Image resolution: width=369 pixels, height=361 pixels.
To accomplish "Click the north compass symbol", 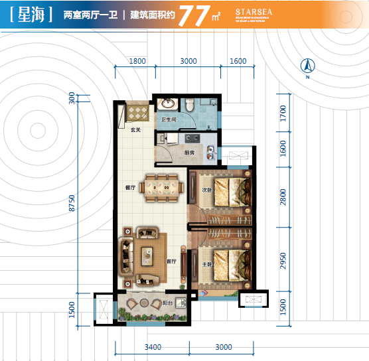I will point(307,67).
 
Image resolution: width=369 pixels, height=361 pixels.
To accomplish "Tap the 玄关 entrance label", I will point(135,129).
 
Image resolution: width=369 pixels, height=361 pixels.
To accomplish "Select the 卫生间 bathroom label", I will point(168,119).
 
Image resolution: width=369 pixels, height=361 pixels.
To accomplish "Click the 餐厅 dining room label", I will point(130,188).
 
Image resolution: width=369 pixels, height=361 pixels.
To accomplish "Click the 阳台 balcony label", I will point(169,303).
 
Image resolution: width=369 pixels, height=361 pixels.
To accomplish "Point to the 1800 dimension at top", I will point(137,61).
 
